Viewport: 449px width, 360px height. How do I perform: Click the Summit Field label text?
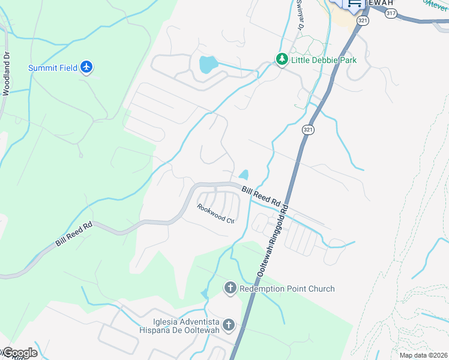(53, 68)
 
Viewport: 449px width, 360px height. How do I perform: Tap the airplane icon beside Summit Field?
(88, 67)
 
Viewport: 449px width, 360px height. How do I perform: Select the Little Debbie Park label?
(324, 60)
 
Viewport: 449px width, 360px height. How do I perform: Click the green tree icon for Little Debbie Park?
(282, 59)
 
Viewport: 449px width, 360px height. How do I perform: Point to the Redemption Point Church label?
(287, 289)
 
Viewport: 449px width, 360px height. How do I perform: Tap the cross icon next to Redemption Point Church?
(230, 289)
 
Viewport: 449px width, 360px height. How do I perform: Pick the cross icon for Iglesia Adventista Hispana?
(228, 325)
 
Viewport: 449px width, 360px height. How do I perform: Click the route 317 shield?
(391, 13)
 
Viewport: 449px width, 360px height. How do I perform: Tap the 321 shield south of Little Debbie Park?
(307, 130)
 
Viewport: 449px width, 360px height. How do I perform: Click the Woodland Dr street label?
(7, 73)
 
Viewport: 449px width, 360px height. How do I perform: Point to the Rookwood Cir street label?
(215, 213)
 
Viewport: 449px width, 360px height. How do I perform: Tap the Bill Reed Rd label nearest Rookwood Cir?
(262, 194)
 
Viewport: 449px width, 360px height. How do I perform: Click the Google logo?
(19, 353)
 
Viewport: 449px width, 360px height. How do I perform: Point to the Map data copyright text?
(424, 355)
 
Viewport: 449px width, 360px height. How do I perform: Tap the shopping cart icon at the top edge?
(355, 3)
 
